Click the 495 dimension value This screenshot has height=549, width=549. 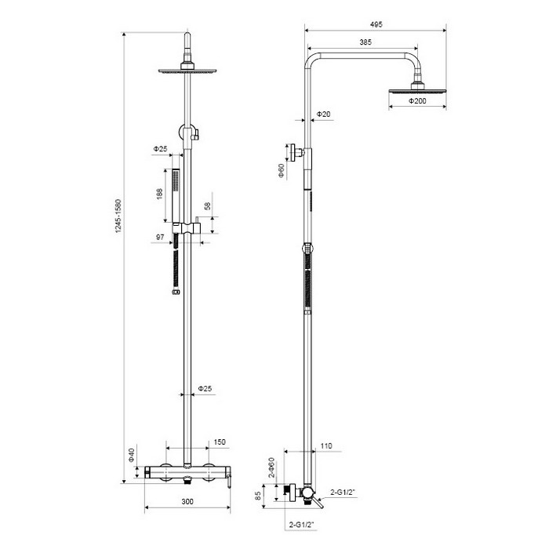point(376,24)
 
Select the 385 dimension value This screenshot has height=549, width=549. point(365,42)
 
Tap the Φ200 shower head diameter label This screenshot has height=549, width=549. point(417,101)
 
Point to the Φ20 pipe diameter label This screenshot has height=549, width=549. point(323,115)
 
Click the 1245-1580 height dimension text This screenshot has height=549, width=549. point(118,216)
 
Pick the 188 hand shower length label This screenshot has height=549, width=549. point(160,194)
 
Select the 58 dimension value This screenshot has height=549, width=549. point(208,205)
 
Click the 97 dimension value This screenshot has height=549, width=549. point(160,238)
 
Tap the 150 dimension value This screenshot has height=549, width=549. point(220,442)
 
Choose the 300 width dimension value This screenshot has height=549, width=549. point(187,502)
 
